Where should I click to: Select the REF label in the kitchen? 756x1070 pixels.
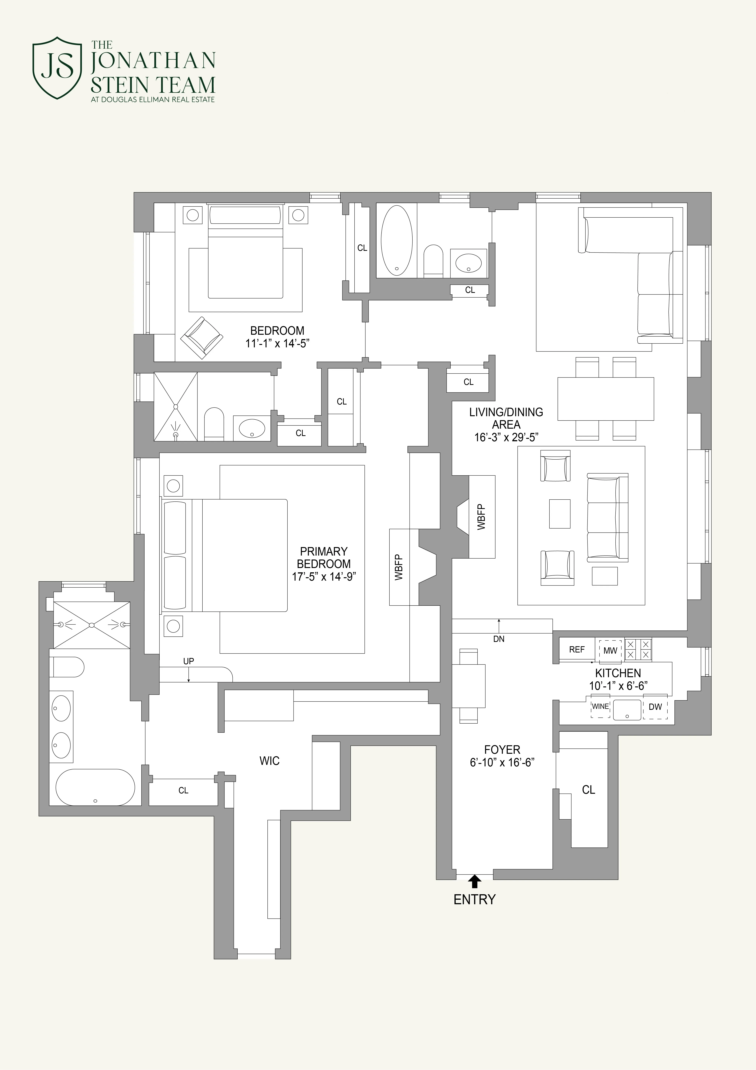point(577,650)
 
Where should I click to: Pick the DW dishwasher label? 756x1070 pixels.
point(655,707)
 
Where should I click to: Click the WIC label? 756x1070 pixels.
point(269,761)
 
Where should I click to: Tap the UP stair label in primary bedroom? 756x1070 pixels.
point(189,661)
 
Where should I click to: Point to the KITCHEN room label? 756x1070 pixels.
point(618,673)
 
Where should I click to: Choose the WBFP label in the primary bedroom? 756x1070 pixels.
point(399,567)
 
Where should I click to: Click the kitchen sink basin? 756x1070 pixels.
point(627,710)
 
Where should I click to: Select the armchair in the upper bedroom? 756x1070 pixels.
point(201,338)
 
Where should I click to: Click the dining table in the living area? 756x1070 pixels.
point(606,398)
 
